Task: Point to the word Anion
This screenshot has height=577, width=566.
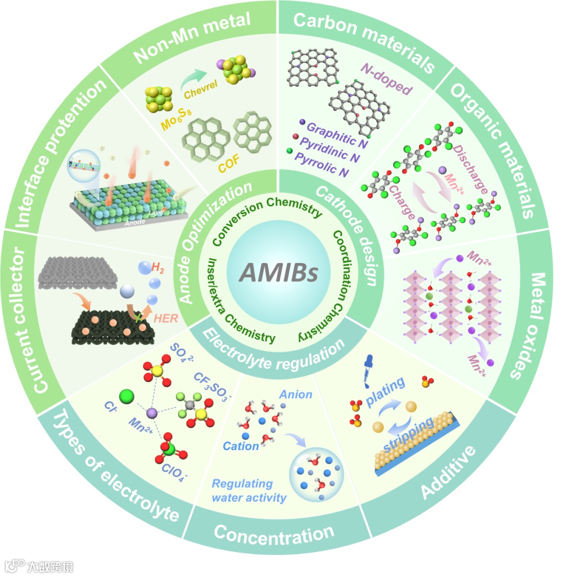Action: (296, 394)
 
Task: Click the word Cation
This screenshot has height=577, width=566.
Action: (241, 446)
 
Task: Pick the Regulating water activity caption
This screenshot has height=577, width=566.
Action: (249, 490)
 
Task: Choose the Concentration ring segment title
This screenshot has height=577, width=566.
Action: (274, 536)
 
